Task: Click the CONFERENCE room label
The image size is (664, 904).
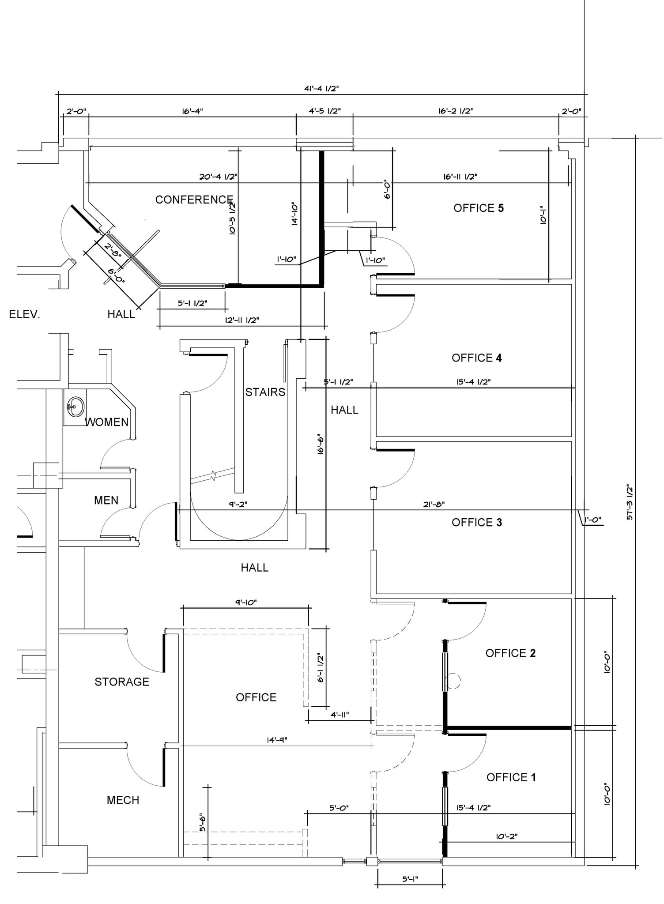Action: click(194, 200)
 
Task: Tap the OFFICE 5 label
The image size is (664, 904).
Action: click(478, 208)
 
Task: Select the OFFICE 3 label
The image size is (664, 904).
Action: click(476, 522)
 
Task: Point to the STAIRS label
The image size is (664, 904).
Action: click(265, 392)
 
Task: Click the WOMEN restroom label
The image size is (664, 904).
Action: click(106, 422)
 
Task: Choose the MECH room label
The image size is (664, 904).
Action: click(123, 800)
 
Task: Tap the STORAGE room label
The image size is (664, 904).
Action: click(122, 682)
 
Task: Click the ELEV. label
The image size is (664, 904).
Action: click(25, 315)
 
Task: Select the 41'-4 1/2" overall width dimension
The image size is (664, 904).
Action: click(321, 88)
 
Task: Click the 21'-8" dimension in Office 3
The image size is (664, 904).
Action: click(434, 504)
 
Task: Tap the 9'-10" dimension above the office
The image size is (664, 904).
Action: click(245, 602)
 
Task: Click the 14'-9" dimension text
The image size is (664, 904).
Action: click(277, 740)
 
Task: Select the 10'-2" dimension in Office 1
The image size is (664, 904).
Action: click(506, 836)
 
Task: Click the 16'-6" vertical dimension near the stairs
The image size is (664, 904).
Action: click(321, 445)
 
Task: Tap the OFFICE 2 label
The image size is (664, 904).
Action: click(510, 653)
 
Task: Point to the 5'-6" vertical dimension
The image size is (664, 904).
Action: click(203, 822)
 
